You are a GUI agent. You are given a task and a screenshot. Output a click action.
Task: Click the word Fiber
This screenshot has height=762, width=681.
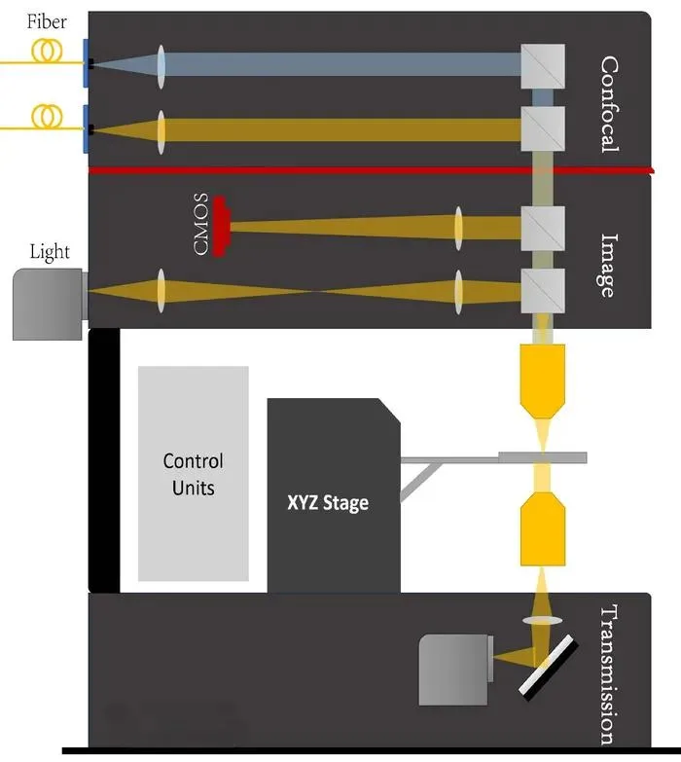click(x=47, y=21)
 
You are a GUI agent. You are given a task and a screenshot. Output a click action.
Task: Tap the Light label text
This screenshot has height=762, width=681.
click(x=50, y=252)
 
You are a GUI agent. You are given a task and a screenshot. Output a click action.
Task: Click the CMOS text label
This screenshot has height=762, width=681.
click(x=201, y=224)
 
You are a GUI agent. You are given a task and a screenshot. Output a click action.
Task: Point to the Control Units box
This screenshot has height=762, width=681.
click(x=194, y=473)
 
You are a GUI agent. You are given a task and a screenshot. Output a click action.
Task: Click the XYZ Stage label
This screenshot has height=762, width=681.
click(x=328, y=503)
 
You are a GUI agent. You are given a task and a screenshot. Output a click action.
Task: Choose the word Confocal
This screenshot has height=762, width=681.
click(x=609, y=104)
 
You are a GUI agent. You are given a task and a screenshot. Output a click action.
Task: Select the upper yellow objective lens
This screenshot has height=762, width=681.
click(x=543, y=381)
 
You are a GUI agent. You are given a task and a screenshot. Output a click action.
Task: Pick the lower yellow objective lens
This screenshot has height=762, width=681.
click(x=543, y=528)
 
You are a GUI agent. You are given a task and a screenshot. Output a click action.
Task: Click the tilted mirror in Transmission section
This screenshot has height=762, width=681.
click(x=549, y=668)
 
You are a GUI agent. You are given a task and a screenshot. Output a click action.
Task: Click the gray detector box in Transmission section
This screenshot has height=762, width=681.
click(x=453, y=670)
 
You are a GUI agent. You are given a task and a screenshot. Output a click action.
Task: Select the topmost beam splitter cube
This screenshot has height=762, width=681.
click(x=543, y=66)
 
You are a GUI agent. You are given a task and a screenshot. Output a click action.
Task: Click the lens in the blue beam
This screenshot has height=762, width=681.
click(x=161, y=66)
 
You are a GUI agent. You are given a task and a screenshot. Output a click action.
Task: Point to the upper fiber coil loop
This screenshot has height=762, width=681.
click(x=47, y=50)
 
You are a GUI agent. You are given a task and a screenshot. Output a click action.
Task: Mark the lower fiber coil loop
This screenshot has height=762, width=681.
click(x=47, y=116)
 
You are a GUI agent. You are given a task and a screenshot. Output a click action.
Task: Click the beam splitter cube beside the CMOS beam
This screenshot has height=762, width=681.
click(x=543, y=229)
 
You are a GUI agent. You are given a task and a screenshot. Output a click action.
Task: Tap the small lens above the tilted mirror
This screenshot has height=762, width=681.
click(x=543, y=620)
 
